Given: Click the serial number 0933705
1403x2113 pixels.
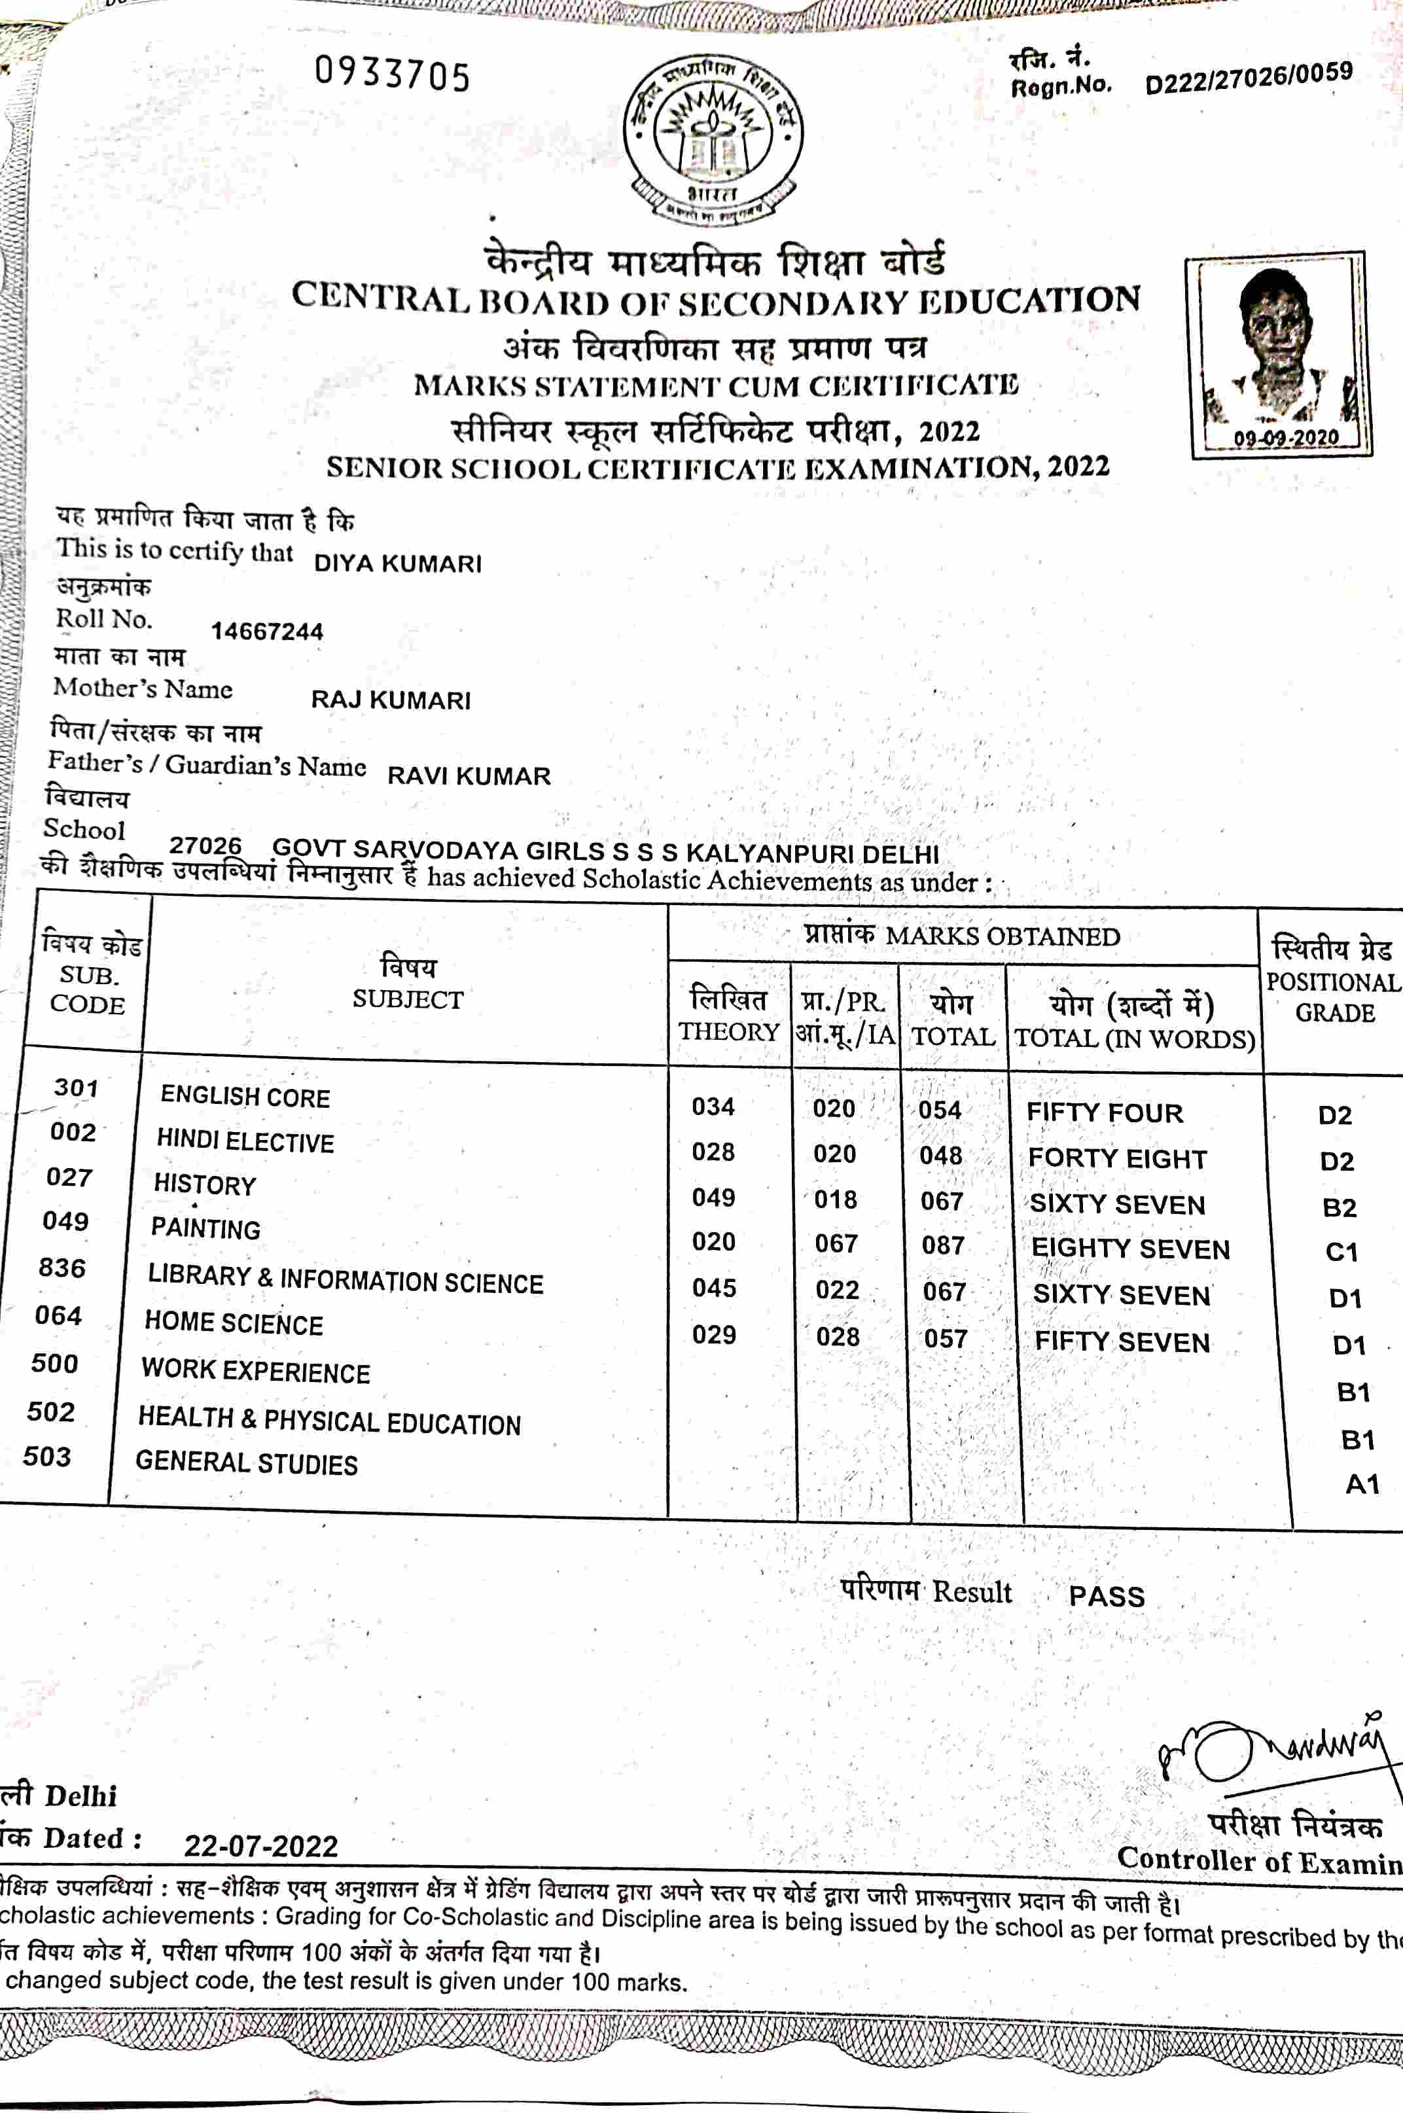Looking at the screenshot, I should pyautogui.click(x=392, y=74).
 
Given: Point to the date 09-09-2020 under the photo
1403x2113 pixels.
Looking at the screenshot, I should pyautogui.click(x=1285, y=437).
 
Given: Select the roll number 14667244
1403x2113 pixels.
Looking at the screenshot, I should pyautogui.click(x=266, y=631).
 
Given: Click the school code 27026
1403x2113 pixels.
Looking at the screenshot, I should pyautogui.click(x=205, y=845).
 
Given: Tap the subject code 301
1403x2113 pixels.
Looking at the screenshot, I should pyautogui.click(x=76, y=1088).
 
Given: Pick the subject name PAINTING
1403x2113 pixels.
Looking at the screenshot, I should pyautogui.click(x=205, y=1228).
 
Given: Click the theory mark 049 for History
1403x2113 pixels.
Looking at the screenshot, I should pyautogui.click(x=713, y=1197).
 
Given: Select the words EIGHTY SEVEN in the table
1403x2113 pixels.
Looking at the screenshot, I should pyautogui.click(x=1130, y=1249).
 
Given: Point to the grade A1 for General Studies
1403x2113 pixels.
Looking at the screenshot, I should pyautogui.click(x=1362, y=1484).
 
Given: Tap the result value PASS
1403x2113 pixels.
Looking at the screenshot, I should pyautogui.click(x=1106, y=1596).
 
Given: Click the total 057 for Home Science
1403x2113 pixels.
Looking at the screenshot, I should pyautogui.click(x=945, y=1339).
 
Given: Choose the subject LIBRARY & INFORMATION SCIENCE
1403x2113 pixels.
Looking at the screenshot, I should pyautogui.click(x=346, y=1280).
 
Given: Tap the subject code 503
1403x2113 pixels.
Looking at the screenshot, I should pyautogui.click(x=46, y=1457).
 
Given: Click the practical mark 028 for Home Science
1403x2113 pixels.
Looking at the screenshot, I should pyautogui.click(x=838, y=1336).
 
